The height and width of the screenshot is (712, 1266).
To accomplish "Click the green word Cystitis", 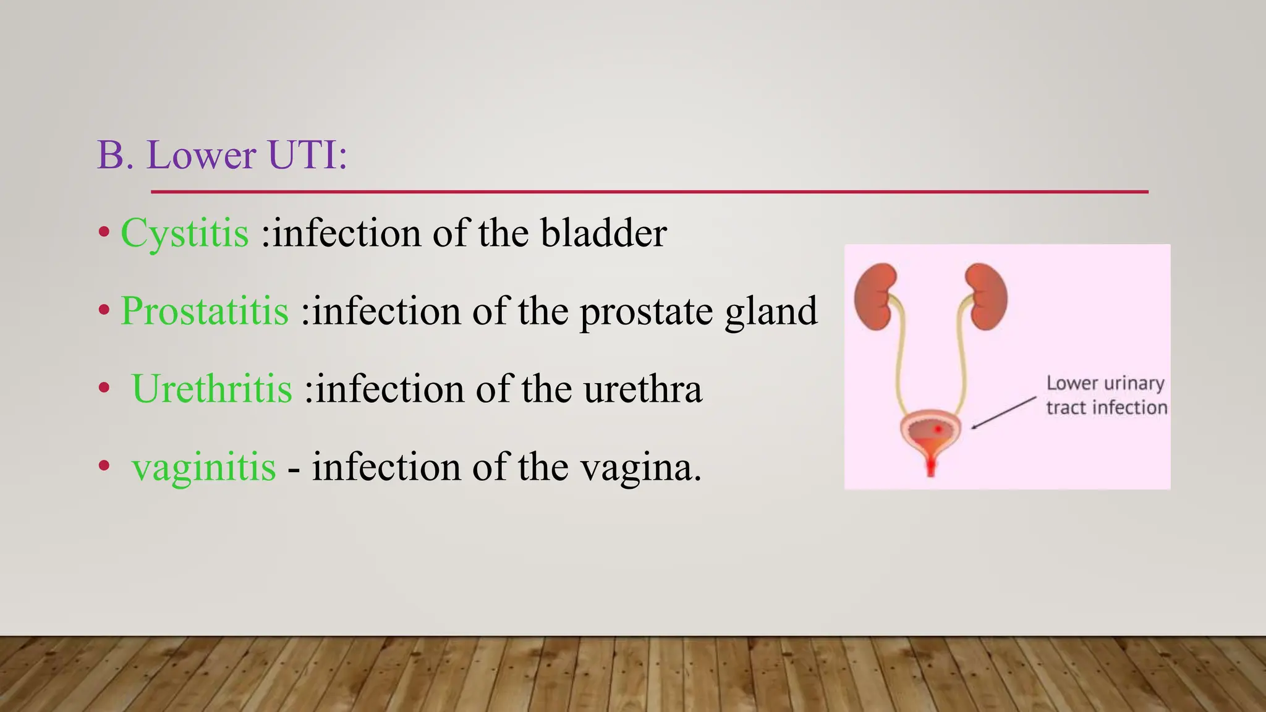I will pyautogui.click(x=184, y=234).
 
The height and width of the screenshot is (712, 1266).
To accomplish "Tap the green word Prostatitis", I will pyautogui.click(x=205, y=311).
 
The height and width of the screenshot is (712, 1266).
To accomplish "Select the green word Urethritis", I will pyautogui.click(x=212, y=389).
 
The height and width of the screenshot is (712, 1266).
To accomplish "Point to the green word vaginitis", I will pyautogui.click(x=203, y=467).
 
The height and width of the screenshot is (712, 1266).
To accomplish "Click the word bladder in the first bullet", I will pyautogui.click(x=603, y=233).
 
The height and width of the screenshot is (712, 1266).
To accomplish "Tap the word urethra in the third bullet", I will pyautogui.click(x=642, y=389).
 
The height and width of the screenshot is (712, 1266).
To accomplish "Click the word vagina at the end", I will pyautogui.click(x=640, y=468).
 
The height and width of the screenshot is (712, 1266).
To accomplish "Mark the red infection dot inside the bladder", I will pyautogui.click(x=938, y=428).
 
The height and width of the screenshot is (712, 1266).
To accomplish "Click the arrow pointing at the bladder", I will pyautogui.click(x=1003, y=412).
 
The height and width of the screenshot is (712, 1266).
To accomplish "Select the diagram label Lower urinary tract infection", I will pyautogui.click(x=1106, y=396).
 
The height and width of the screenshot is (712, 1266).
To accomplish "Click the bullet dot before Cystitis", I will pyautogui.click(x=104, y=234).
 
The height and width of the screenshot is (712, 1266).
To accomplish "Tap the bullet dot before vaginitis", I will pyautogui.click(x=104, y=466).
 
